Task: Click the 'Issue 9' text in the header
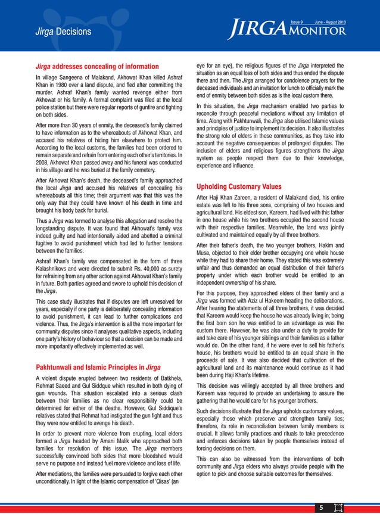click(297, 22)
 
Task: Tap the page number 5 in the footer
click(319, 508)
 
